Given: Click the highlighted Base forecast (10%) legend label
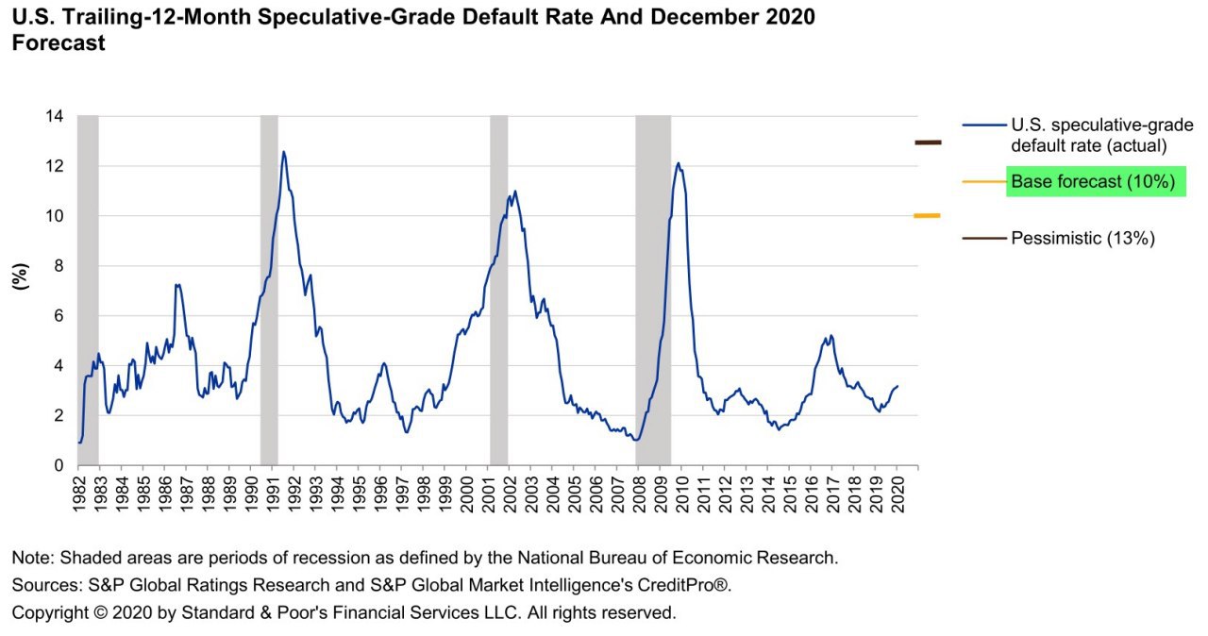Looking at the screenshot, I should coord(1092,182).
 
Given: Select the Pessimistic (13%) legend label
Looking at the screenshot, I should coord(1082,239).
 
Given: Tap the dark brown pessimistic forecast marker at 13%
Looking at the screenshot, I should coord(928,142).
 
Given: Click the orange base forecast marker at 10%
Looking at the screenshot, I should coord(927,216).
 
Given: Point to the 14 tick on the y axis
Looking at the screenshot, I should coord(55,117).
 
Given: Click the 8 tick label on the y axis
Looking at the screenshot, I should coord(59,266).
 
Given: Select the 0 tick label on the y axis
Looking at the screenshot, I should coord(59,465).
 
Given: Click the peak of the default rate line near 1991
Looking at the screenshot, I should coord(283,152).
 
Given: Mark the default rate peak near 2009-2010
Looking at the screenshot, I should coord(679,163).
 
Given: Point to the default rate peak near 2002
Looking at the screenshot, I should coord(514,192).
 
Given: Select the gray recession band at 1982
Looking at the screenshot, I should coord(88,283).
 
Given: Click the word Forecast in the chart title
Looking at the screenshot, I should coord(59,43).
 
